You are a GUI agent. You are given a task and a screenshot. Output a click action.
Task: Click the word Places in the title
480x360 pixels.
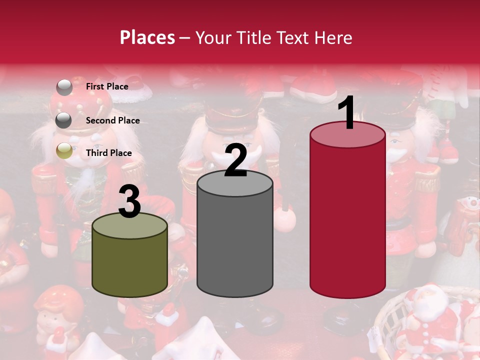click(x=147, y=37)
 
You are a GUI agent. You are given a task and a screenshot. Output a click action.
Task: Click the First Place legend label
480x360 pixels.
click(x=107, y=86)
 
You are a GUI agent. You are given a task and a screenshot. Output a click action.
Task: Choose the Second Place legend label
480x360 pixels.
click(x=112, y=120)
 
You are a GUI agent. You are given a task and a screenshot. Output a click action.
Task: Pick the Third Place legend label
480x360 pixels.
click(x=108, y=153)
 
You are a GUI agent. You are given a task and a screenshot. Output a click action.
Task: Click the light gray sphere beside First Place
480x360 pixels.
click(x=64, y=87)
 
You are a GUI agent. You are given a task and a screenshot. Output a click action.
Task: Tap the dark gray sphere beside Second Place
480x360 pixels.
click(x=64, y=120)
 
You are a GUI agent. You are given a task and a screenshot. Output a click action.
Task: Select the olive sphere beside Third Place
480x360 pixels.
click(x=64, y=151)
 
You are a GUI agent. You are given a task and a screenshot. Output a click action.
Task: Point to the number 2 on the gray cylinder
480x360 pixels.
click(x=236, y=160)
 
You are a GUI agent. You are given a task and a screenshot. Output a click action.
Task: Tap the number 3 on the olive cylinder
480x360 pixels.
click(x=130, y=201)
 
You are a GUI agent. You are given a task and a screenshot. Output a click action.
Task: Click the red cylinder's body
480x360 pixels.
click(x=347, y=220)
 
